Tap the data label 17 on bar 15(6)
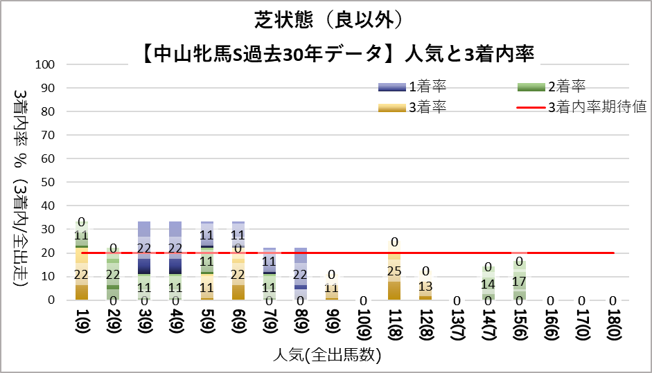[x=518, y=282]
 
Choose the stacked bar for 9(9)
[x=331, y=287]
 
